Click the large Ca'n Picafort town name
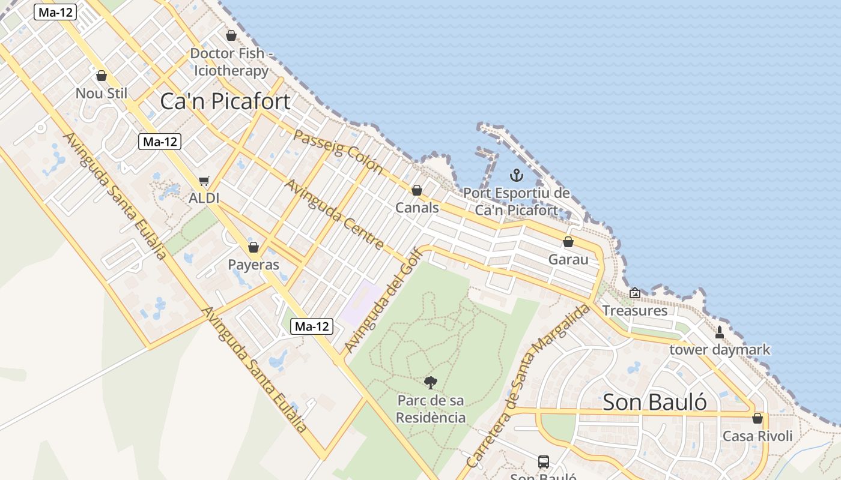pyautogui.click(x=225, y=101)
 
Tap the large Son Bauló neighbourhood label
pyautogui.click(x=654, y=402)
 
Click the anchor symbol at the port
pyautogui.click(x=516, y=175)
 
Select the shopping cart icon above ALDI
pyautogui.click(x=204, y=181)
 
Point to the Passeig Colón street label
pyautogui.click(x=338, y=152)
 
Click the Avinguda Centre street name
pyautogui.click(x=333, y=214)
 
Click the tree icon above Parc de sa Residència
pyautogui.click(x=431, y=382)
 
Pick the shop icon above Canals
pyautogui.click(x=417, y=190)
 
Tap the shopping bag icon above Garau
pyautogui.click(x=568, y=242)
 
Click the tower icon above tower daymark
pyautogui.click(x=720, y=332)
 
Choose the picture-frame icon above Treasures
pyautogui.click(x=635, y=293)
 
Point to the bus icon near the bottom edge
pyautogui.click(x=544, y=461)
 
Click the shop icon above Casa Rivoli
pyautogui.click(x=758, y=418)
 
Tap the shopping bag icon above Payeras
pyautogui.click(x=254, y=247)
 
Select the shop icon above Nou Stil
pyautogui.click(x=102, y=76)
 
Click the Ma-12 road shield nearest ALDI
pyautogui.click(x=159, y=142)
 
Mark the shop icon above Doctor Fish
pyautogui.click(x=231, y=35)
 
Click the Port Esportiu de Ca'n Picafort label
pyautogui.click(x=517, y=202)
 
